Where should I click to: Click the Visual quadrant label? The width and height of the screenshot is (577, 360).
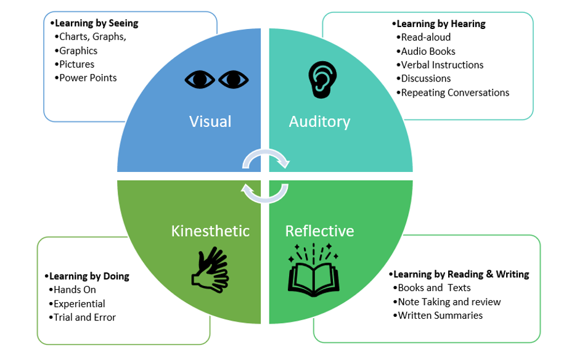210,121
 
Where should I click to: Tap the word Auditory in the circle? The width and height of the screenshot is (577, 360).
319,121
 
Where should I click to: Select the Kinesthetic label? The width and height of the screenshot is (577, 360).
210,231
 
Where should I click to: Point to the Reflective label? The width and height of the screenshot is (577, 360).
319,231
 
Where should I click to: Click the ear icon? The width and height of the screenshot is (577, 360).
319,79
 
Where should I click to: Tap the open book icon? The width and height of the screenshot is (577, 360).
314,269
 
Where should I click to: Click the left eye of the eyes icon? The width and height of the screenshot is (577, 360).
200,80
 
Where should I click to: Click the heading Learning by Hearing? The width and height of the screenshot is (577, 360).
440,23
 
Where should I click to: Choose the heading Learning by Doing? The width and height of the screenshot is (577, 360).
89,276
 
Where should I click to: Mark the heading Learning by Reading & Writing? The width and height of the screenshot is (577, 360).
460,274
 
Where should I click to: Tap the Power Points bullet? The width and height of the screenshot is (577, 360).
88,78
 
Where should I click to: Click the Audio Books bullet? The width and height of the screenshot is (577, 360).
428,51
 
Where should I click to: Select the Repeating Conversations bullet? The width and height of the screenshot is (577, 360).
454,92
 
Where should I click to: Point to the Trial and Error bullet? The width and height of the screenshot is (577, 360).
84,317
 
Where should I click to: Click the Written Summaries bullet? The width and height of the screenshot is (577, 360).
440,315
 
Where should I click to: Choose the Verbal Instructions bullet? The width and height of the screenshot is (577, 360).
441,65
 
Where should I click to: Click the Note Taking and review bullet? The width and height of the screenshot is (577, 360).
449,301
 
